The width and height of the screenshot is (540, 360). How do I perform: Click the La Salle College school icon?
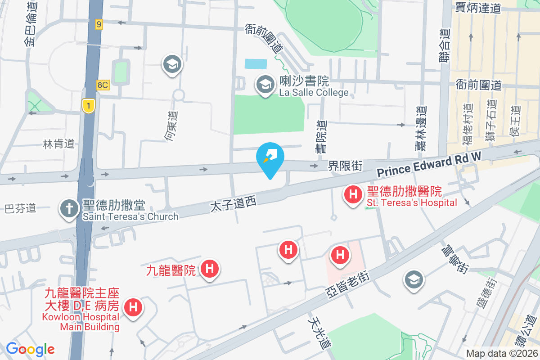(x=265, y=84)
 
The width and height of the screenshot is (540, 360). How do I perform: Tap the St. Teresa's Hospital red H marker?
(x=353, y=195)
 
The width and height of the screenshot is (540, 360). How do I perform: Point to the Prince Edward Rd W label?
(x=429, y=164)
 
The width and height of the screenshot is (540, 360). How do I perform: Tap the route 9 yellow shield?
(x=99, y=24)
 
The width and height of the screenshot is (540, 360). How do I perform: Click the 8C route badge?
(x=103, y=85)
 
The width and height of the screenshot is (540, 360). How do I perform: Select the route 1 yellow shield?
(x=88, y=106)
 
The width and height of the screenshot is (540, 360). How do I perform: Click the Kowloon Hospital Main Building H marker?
(x=133, y=308)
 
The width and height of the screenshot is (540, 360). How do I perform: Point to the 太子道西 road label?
(x=233, y=204)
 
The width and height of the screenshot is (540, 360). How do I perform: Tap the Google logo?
(x=30, y=349)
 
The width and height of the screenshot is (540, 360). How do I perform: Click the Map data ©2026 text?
(x=501, y=353)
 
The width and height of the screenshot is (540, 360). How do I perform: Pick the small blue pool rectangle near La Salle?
(x=256, y=64)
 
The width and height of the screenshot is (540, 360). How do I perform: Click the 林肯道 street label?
(x=58, y=144)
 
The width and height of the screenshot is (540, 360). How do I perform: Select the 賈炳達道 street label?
(x=478, y=8)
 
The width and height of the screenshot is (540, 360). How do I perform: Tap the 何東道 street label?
(x=171, y=126)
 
